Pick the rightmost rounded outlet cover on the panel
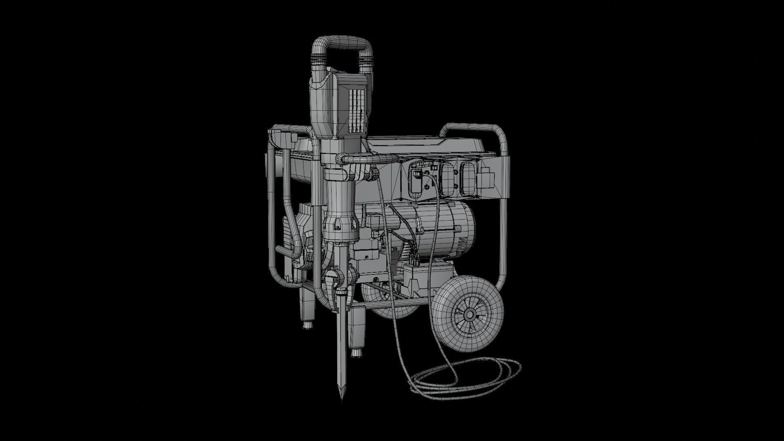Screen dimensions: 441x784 pyautogui.click(x=468, y=180)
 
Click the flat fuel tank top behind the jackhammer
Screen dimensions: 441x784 pyautogui.click(x=408, y=143)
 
